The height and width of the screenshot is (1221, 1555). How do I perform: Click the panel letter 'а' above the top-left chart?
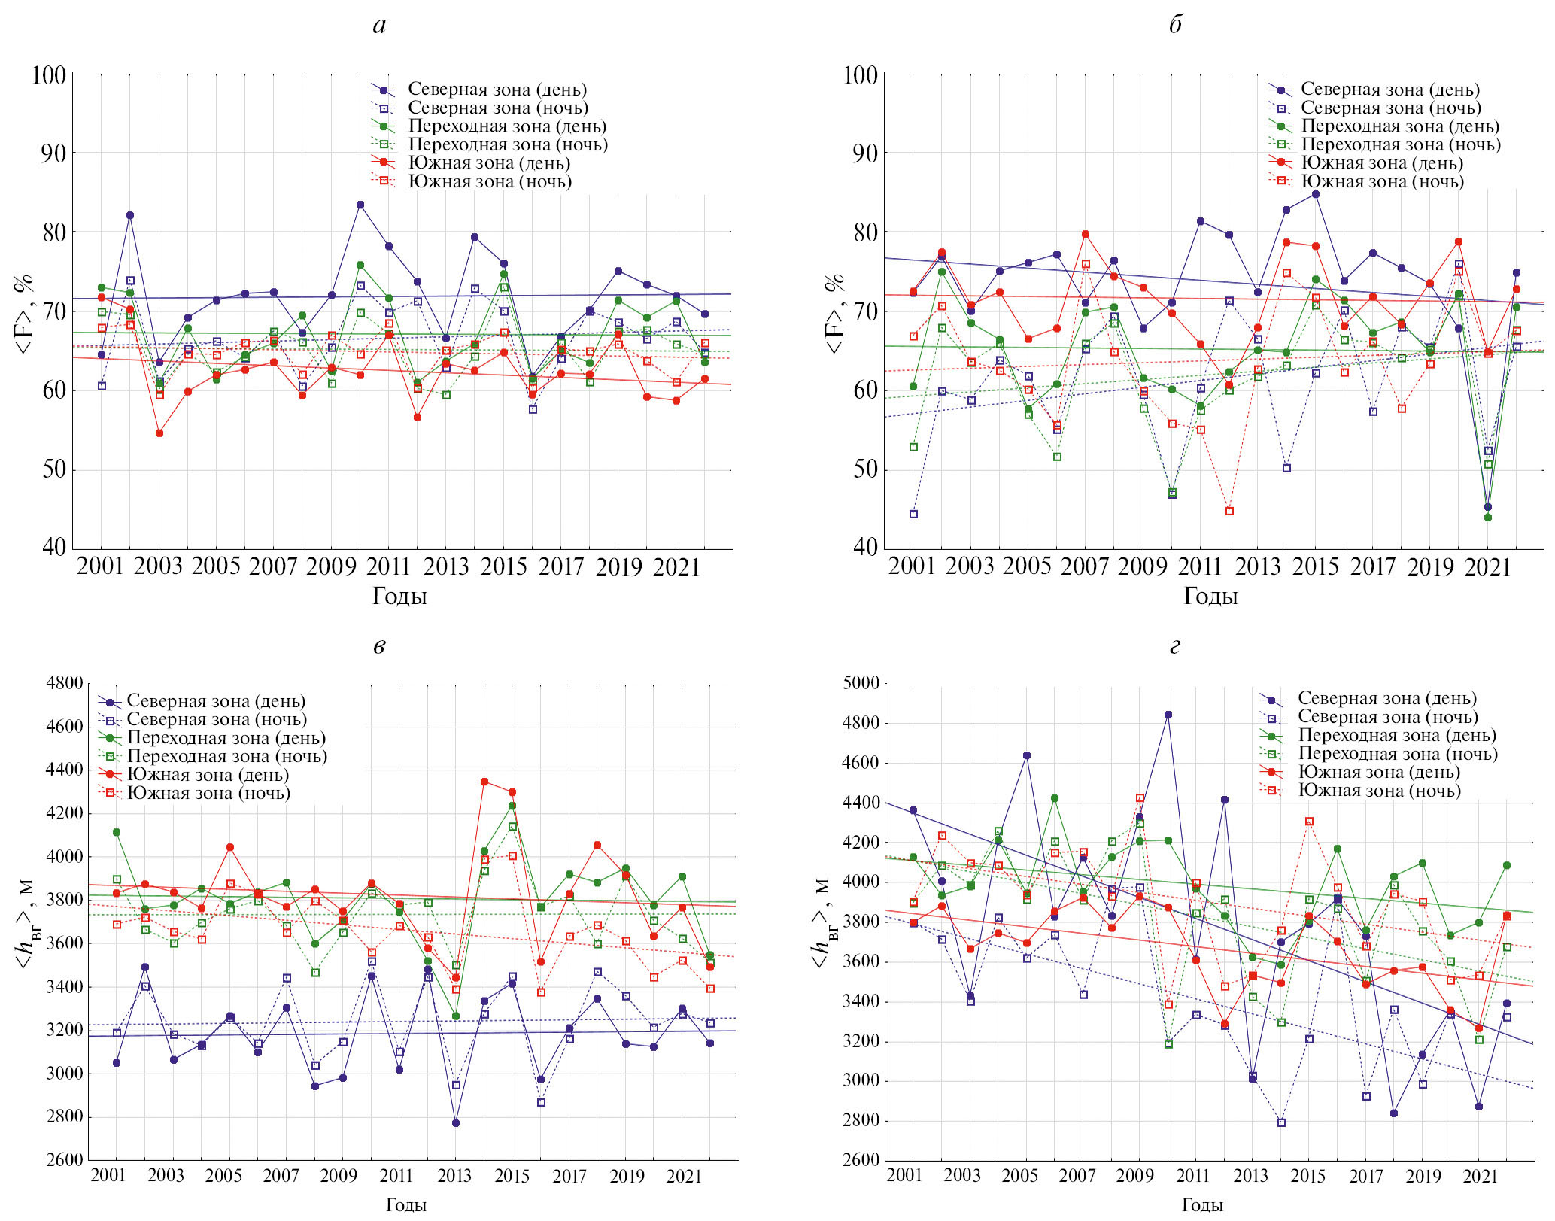[380, 26]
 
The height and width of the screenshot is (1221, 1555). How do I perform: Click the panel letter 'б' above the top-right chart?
[1175, 26]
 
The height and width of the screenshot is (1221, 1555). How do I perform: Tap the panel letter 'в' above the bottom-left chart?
[380, 646]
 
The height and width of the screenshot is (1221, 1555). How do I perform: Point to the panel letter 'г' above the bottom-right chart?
[1175, 646]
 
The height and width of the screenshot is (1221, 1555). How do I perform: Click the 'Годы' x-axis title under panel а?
[399, 596]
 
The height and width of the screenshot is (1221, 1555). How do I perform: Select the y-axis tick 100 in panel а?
[49, 75]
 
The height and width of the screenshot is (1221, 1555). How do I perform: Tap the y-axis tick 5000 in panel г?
[861, 683]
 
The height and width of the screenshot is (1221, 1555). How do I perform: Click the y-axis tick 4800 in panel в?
[65, 683]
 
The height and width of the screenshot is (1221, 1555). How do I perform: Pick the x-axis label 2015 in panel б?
[1315, 566]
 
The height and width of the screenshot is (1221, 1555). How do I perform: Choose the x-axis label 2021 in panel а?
[676, 566]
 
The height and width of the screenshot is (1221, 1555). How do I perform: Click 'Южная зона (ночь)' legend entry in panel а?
[490, 181]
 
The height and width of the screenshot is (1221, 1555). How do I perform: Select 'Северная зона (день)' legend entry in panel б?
[1390, 90]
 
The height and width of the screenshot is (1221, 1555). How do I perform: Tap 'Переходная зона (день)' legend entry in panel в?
[226, 738]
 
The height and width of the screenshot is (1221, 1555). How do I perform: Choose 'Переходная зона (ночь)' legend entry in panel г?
[1398, 754]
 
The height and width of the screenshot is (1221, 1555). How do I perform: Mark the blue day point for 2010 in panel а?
[360, 205]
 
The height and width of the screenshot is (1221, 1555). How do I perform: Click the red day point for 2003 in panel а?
[159, 433]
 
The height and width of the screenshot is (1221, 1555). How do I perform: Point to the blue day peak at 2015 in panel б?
[1316, 194]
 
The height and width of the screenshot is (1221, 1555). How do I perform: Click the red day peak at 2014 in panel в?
[484, 782]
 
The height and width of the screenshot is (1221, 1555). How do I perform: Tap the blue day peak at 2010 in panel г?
[1168, 715]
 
